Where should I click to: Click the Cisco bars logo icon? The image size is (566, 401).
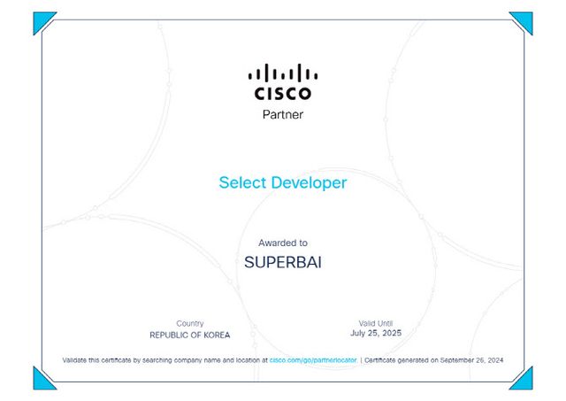(282, 72)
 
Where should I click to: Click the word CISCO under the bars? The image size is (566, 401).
(282, 93)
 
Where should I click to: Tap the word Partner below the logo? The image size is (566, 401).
(282, 114)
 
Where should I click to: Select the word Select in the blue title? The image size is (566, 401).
(241, 183)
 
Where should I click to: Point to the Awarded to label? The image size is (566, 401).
(282, 243)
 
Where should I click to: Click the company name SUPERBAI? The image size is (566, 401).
(282, 263)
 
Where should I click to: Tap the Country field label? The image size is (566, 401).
(189, 324)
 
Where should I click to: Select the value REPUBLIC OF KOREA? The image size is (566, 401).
(189, 335)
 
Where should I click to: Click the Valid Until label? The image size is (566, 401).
(375, 323)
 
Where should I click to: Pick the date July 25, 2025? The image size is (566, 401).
(375, 334)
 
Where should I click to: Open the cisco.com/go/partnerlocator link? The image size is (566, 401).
(313, 360)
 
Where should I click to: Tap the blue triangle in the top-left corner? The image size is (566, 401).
(42, 20)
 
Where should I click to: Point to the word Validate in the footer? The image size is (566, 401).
(75, 360)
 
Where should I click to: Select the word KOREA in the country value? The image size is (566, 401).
(216, 335)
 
